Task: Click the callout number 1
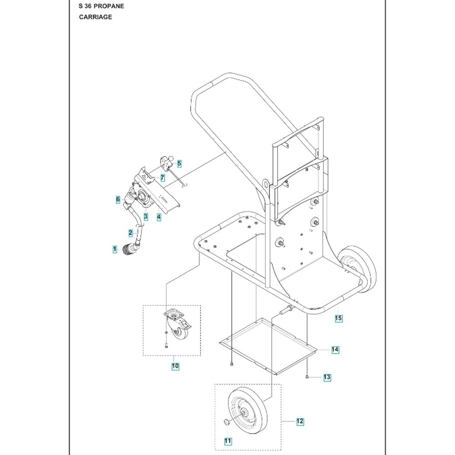click(115, 249)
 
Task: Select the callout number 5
click(179, 164)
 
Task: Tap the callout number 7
click(162, 178)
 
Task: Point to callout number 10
click(175, 366)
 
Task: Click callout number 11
click(228, 441)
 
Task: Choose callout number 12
click(300, 421)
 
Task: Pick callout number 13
click(327, 377)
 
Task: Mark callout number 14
click(335, 349)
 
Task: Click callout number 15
click(339, 318)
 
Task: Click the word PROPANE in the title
click(109, 6)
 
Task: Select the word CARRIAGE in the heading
click(96, 17)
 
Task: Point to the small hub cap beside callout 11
click(226, 422)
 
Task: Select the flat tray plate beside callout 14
click(268, 346)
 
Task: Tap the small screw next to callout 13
click(307, 377)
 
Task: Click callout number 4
click(159, 217)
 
